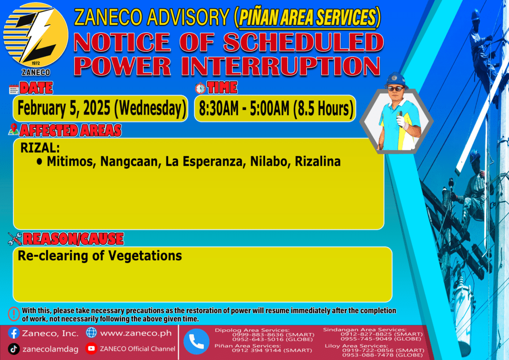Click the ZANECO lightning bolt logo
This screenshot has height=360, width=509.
coord(36,36)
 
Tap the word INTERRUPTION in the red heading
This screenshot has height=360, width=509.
coord(280,66)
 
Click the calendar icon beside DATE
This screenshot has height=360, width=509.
coord(14,89)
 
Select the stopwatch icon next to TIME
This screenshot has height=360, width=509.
coord(200,88)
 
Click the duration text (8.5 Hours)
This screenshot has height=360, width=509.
coord(323,108)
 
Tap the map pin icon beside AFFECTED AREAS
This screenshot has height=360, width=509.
coord(13,129)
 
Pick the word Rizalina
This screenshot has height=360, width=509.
coord(318,161)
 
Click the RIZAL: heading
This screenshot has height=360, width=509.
coord(40,148)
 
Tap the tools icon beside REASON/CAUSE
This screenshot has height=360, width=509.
coord(15,239)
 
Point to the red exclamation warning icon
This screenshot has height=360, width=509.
coord(14,314)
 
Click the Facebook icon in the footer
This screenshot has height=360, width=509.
coord(13,333)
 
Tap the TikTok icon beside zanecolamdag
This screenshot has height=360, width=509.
coord(13,349)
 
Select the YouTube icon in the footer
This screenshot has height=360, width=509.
coord(91,348)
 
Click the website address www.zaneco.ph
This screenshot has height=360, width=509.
coord(136,333)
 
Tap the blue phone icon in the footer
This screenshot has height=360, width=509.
coord(196,342)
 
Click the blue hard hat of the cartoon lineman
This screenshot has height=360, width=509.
coord(396,80)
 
